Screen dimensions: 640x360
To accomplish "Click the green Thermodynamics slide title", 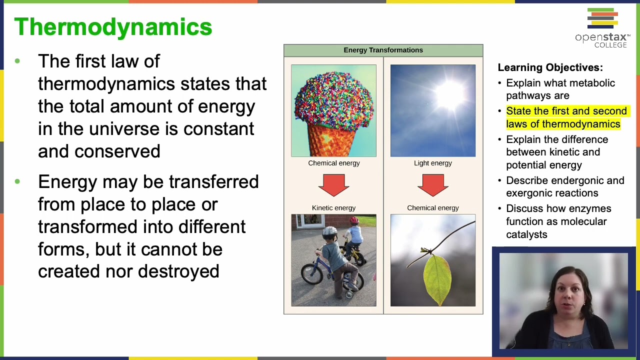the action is [x=113, y=27].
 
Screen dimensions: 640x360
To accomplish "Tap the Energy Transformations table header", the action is [x=383, y=50].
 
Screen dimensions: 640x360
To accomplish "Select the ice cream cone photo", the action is [x=333, y=110].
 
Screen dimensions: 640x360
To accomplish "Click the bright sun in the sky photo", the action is [x=449, y=95].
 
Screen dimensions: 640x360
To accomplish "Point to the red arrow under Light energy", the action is [x=433, y=185].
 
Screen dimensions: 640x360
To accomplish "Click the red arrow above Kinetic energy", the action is [x=333, y=185].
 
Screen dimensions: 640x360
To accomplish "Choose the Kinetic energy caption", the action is [x=333, y=208].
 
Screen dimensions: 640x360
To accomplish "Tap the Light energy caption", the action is [x=433, y=163].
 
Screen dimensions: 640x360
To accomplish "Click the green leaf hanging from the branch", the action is [x=437, y=279].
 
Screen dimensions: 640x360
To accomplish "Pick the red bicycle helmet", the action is [x=354, y=220].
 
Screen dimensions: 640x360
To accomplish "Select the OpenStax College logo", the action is [x=603, y=28].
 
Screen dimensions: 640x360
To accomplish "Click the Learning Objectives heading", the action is [x=550, y=67].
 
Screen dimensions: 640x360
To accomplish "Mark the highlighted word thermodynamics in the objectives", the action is [x=581, y=124].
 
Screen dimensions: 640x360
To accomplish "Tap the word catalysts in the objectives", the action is [x=526, y=234].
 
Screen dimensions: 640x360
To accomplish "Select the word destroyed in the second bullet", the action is [x=178, y=271].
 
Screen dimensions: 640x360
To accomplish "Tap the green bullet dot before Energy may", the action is [x=17, y=181].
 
